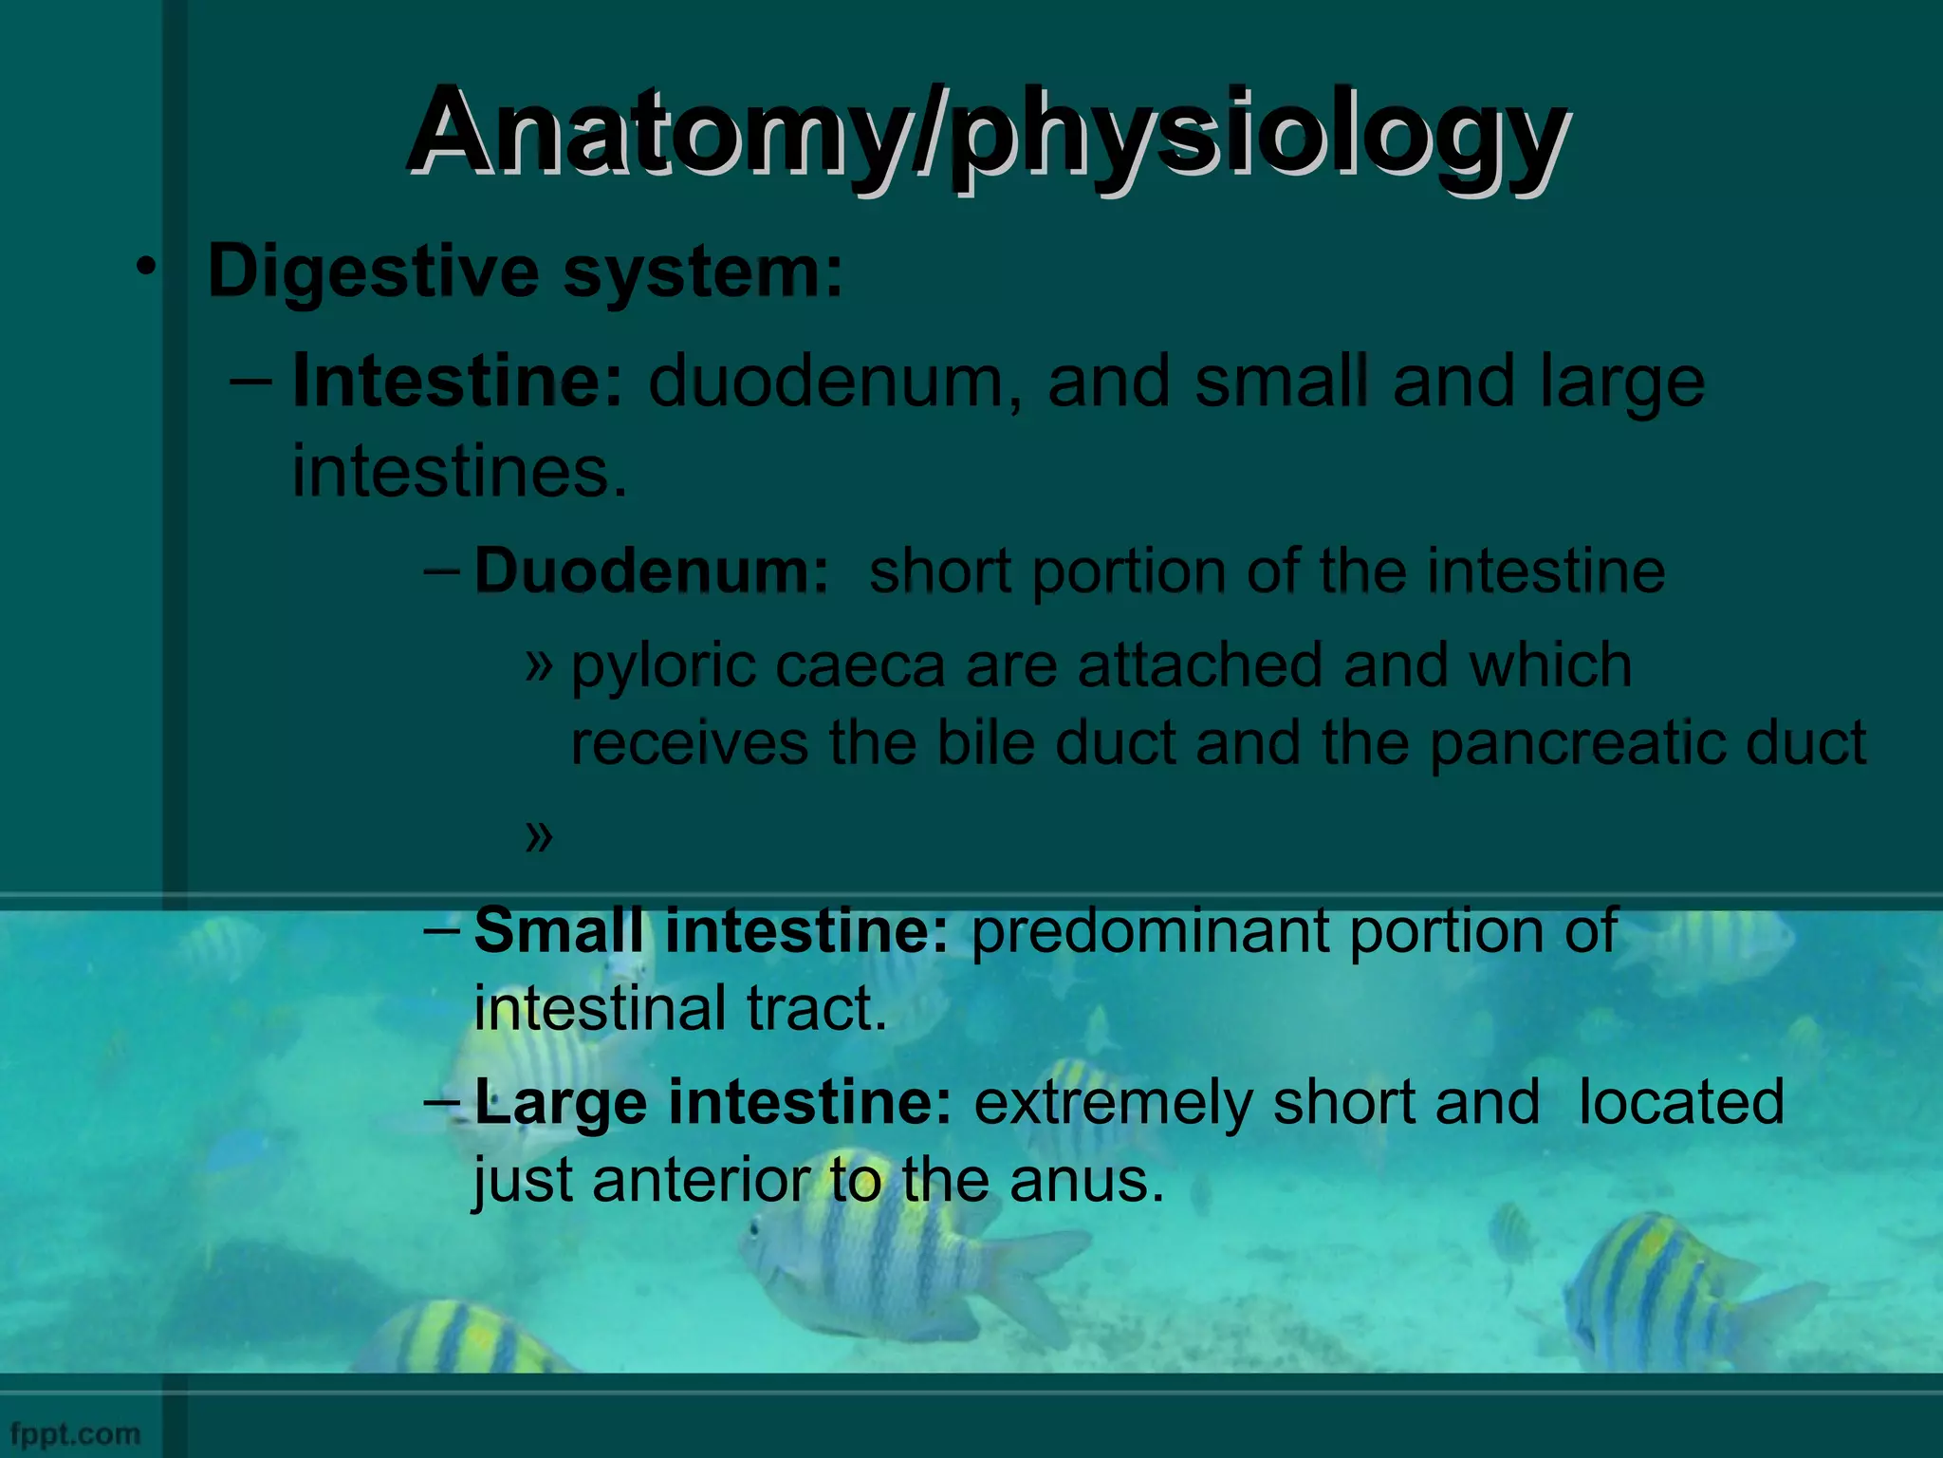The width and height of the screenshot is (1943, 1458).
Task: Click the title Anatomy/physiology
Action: [x=987, y=133]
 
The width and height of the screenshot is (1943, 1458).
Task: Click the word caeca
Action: [x=860, y=666]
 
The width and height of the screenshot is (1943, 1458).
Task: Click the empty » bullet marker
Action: [x=538, y=835]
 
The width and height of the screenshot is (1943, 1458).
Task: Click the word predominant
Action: [x=1149, y=932]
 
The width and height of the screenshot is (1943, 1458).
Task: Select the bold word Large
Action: [x=561, y=1104]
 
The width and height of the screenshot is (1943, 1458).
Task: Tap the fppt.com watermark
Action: [x=75, y=1433]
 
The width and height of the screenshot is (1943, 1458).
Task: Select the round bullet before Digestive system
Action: [x=144, y=269]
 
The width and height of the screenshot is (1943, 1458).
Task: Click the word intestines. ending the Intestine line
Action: [x=459, y=472]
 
